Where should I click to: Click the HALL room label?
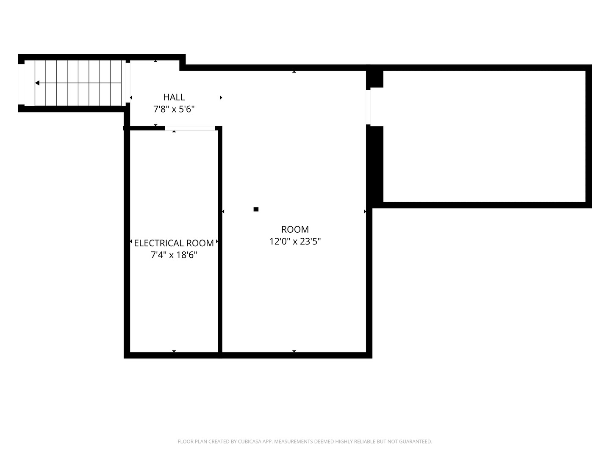point(174,97)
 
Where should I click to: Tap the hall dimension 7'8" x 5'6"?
point(174,109)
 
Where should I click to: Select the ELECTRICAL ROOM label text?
point(174,243)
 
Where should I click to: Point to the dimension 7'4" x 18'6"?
point(174,255)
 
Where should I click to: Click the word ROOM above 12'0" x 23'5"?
point(295,229)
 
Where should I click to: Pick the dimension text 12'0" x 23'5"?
point(295,241)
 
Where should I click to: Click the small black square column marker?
point(256,209)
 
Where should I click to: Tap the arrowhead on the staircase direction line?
point(37,83)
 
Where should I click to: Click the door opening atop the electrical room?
point(190,128)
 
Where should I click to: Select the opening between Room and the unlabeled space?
point(368,107)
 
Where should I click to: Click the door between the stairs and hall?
point(128,83)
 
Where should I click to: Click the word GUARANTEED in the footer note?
point(416,441)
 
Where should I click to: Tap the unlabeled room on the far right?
point(484,136)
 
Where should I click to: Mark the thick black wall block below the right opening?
point(375,165)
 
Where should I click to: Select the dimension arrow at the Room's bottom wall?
point(294,351)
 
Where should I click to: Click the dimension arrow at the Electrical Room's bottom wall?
point(174,351)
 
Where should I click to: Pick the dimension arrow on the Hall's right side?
point(221,97)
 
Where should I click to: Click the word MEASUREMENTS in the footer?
point(294,441)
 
